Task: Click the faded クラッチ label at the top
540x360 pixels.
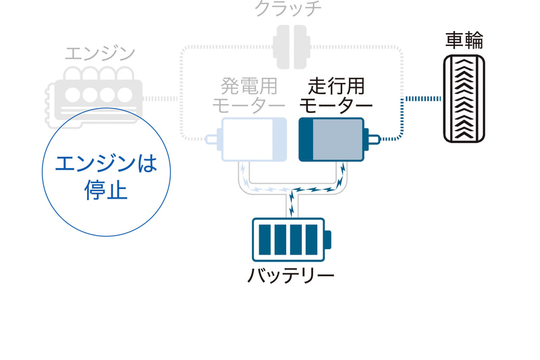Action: coord(288,9)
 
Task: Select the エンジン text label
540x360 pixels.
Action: coord(101,54)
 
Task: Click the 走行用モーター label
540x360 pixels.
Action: coord(335,96)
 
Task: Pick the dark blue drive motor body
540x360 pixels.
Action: coord(331,140)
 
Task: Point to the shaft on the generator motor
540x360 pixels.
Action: coord(213,140)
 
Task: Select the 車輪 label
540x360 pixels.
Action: coord(464,41)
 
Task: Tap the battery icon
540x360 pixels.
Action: coord(290,240)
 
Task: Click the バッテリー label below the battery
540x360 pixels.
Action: coord(291,276)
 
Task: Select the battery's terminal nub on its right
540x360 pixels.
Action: coord(327,240)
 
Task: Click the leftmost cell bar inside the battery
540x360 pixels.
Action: coord(265,240)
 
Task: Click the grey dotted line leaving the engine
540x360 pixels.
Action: coord(162,99)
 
